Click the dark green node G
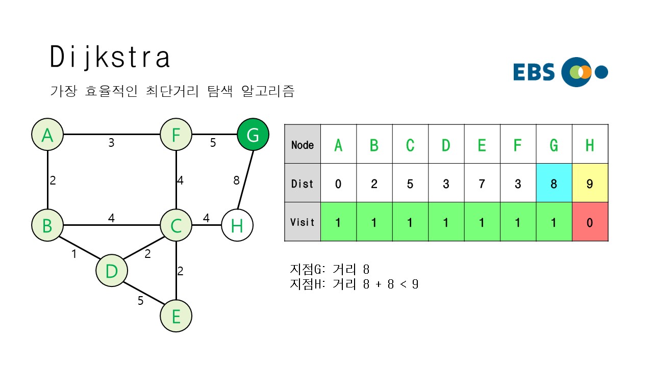pyautogui.click(x=253, y=135)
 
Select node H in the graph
pyautogui.click(x=237, y=225)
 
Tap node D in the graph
pyautogui.click(x=111, y=271)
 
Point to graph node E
pyautogui.click(x=176, y=316)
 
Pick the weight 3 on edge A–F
pyautogui.click(x=111, y=143)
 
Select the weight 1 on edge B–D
pyautogui.click(x=74, y=253)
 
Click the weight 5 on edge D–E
pyautogui.click(x=140, y=301)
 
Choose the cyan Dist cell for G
pyautogui.click(x=554, y=183)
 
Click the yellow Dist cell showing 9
pyautogui.click(x=590, y=183)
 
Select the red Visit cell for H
pyautogui.click(x=590, y=222)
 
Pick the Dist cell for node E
pyautogui.click(x=482, y=183)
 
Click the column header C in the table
pyautogui.click(x=410, y=145)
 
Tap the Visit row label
pyautogui.click(x=303, y=222)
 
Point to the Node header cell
pyautogui.click(x=303, y=145)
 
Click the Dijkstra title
pyautogui.click(x=110, y=57)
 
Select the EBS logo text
pyautogui.click(x=534, y=72)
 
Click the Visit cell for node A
pyautogui.click(x=338, y=222)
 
